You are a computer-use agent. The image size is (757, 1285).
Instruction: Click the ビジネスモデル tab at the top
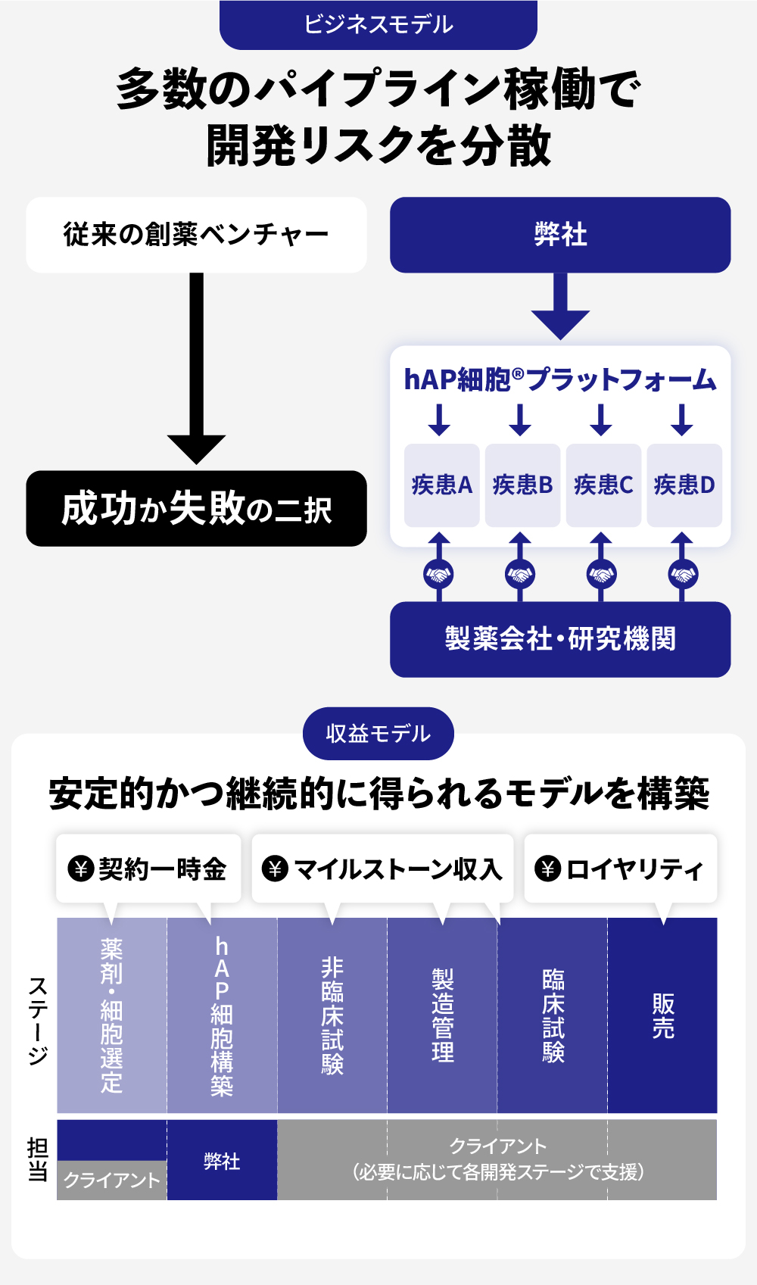[x=378, y=24]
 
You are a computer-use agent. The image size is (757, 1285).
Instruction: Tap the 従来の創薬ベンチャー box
[x=196, y=235]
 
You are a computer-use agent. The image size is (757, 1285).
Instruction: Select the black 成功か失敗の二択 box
[x=196, y=508]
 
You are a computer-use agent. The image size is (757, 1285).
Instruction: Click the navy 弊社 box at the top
[x=560, y=235]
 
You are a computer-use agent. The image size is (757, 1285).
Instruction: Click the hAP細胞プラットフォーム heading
[x=559, y=379]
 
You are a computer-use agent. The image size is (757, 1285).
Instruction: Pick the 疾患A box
[x=441, y=485]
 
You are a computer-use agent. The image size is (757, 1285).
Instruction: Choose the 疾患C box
[x=603, y=485]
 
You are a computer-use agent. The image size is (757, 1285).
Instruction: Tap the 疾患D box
[x=684, y=485]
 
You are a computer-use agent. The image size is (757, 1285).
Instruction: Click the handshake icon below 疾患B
[x=519, y=574]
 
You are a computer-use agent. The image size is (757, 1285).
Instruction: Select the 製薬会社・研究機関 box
[x=560, y=639]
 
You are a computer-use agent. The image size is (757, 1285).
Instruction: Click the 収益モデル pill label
[x=378, y=733]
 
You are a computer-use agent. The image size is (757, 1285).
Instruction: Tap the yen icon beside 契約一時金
[x=80, y=869]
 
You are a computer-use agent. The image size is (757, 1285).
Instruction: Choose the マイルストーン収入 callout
[x=382, y=869]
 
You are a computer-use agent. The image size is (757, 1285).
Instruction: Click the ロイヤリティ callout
[x=620, y=869]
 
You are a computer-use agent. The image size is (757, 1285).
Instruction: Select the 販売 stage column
[x=662, y=1015]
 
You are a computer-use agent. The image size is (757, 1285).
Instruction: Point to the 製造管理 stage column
[x=442, y=1015]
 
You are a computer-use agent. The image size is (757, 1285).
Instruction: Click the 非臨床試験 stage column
[x=332, y=1015]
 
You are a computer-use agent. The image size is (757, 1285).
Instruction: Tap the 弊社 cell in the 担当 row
[x=222, y=1161]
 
